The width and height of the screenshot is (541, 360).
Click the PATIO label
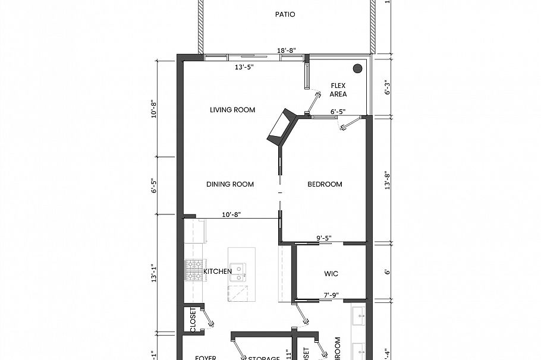285,14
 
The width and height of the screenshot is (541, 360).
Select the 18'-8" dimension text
288,51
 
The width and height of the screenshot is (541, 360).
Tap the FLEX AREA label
338,90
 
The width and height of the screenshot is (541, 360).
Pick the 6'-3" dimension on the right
387,87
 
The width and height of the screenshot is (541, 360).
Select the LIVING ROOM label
232,110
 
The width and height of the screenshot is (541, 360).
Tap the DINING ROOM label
230,184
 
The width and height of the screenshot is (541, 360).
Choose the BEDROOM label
325,184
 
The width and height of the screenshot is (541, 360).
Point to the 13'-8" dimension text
387,179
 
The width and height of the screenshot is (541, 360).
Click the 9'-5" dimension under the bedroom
323,238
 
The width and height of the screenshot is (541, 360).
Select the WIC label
331,274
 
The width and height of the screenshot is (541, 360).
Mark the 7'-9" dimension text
332,294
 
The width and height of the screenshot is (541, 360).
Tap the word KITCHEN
218,271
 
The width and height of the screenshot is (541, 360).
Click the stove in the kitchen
193,270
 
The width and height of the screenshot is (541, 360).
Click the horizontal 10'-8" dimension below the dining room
231,214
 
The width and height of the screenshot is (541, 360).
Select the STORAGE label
264,358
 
